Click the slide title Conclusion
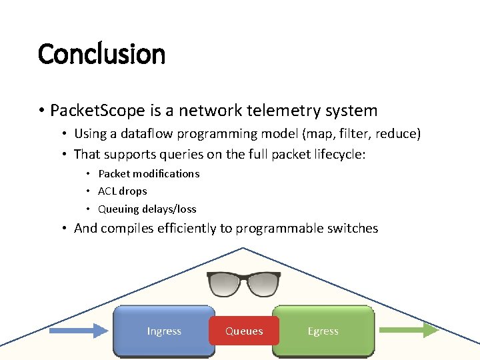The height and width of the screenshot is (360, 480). pos(101,53)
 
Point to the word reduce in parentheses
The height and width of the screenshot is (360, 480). pos(397,134)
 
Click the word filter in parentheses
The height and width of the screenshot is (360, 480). pos(354,134)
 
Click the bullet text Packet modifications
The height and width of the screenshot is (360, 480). pos(148,173)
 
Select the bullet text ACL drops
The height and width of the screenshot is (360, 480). pos(122,191)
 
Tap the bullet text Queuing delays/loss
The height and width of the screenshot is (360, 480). pos(147,209)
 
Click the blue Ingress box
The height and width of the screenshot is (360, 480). pos(164,331)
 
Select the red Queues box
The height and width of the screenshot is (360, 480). pos(244,331)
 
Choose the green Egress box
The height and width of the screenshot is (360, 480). pos(323,331)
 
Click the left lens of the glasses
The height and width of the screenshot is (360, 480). pos(226,284)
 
